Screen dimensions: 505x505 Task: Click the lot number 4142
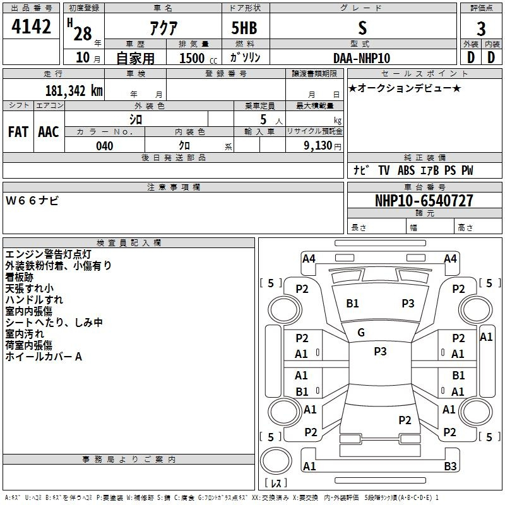tap(31, 27)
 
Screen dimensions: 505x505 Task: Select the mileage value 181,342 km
tap(74, 91)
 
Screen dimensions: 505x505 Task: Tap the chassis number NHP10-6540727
tap(424, 201)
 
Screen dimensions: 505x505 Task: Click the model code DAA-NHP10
tap(362, 58)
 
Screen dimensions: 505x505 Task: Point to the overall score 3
tap(481, 29)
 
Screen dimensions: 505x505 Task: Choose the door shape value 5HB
tap(244, 28)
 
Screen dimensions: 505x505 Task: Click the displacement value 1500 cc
tap(198, 58)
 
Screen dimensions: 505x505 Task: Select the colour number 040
tap(105, 146)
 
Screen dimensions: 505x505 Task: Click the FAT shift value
tap(18, 132)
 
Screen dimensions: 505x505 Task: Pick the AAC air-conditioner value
tap(49, 132)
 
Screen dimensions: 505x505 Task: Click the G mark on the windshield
tap(361, 333)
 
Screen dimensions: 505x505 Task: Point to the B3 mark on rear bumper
tap(450, 466)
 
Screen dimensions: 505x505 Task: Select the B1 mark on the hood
tap(352, 304)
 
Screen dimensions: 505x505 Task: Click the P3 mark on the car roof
tap(380, 352)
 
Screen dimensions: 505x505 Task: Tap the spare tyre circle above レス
tap(276, 460)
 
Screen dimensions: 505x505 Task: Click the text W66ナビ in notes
tap(32, 201)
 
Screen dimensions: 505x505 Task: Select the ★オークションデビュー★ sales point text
tap(405, 88)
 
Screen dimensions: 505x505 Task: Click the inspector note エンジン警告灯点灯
tap(49, 254)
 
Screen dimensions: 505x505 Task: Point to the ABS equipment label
tap(406, 170)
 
